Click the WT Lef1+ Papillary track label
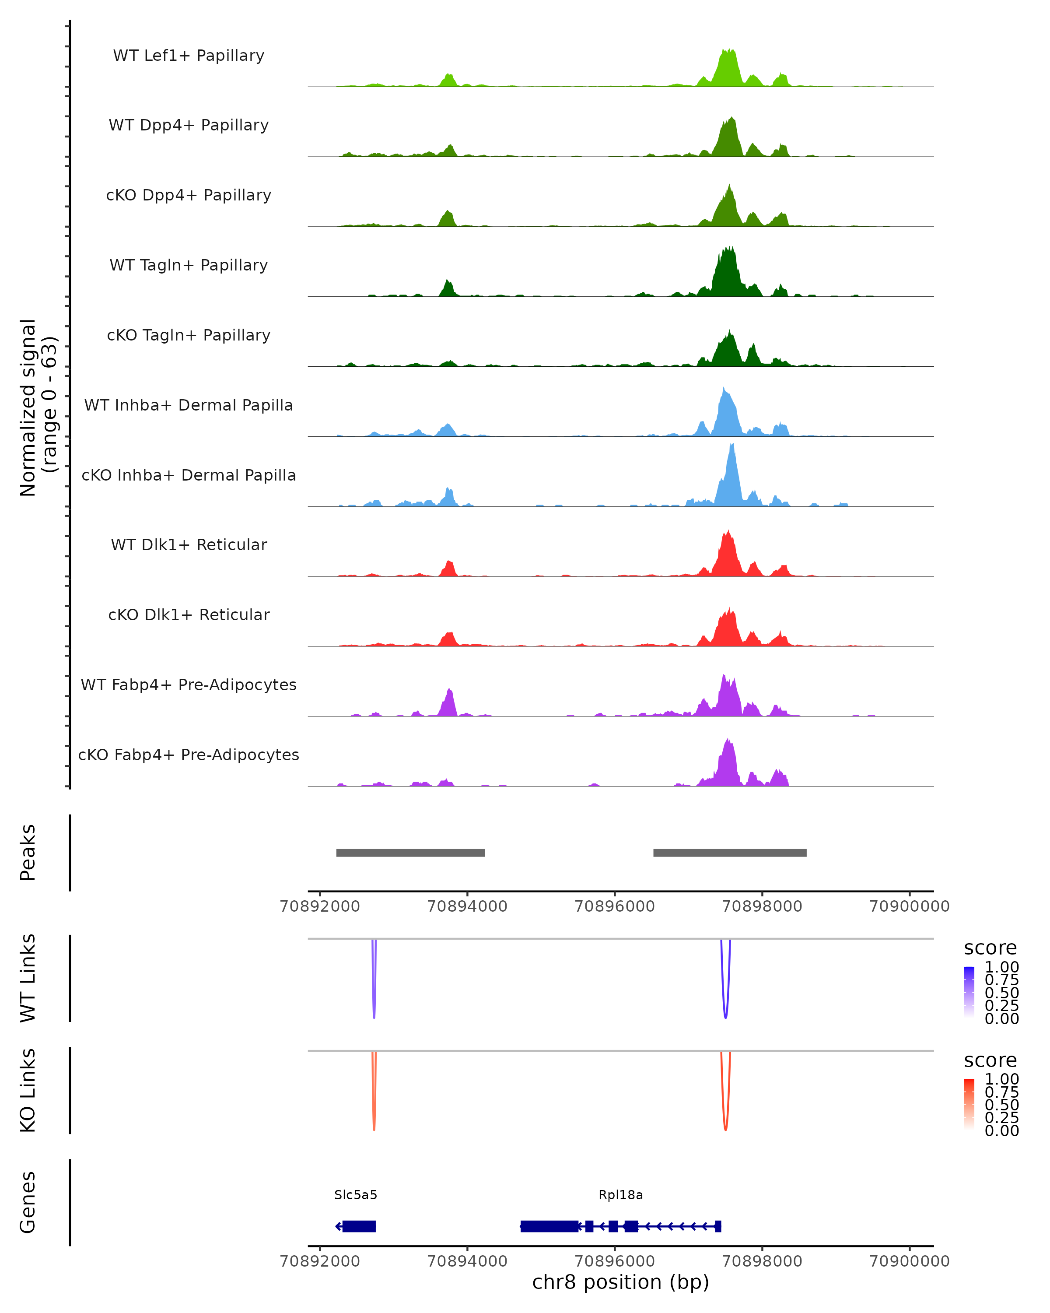click(x=189, y=56)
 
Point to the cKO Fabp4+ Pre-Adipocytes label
click(x=189, y=755)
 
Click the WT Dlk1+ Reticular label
click(x=189, y=544)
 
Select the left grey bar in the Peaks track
click(x=410, y=853)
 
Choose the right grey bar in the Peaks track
click(x=729, y=853)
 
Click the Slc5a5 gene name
click(x=356, y=1195)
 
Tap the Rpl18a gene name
click(x=620, y=1195)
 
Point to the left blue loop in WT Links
click(x=374, y=1011)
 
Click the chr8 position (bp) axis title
click(x=620, y=1282)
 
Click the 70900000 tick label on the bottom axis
click(x=910, y=1261)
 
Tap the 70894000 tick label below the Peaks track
click(x=467, y=906)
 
